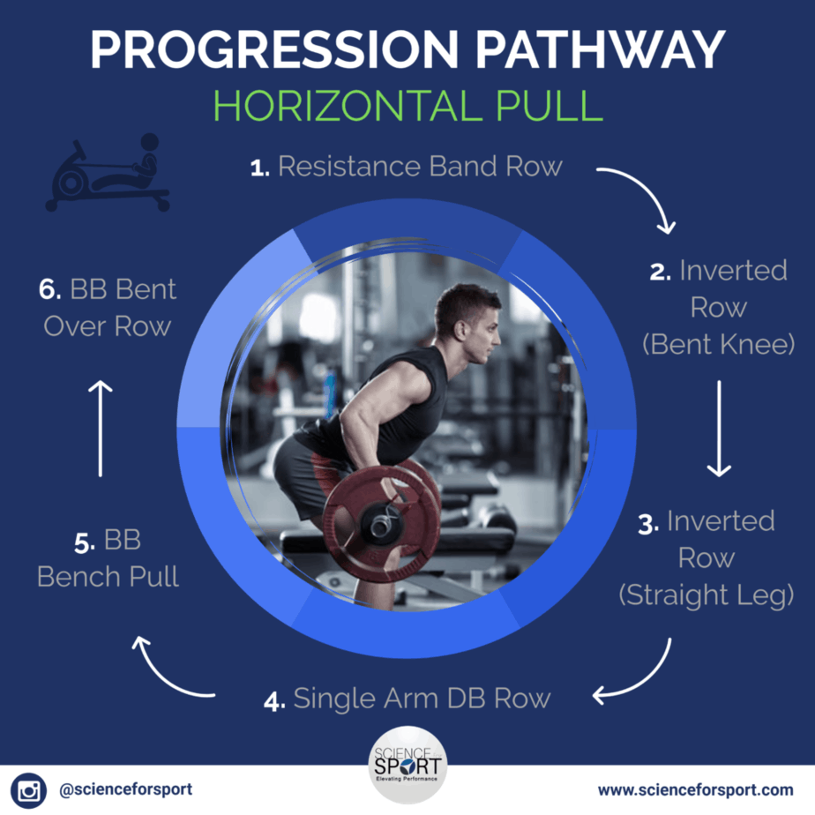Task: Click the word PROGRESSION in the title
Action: coord(275,49)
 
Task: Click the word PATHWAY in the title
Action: coord(600,49)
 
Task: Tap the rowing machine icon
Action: coord(108,173)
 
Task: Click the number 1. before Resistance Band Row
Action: coord(260,168)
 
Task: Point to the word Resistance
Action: coord(349,167)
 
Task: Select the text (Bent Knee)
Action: coord(718,344)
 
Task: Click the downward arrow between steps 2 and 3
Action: coord(719,429)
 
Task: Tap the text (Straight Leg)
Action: coord(707,594)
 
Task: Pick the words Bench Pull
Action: coord(108,577)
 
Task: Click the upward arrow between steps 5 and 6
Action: coord(101,429)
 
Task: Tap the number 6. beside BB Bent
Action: coord(50,289)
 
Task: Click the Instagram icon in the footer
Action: coord(28,790)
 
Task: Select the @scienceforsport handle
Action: coord(126,789)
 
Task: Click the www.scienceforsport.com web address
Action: coord(695,790)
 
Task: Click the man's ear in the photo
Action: coord(460,330)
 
